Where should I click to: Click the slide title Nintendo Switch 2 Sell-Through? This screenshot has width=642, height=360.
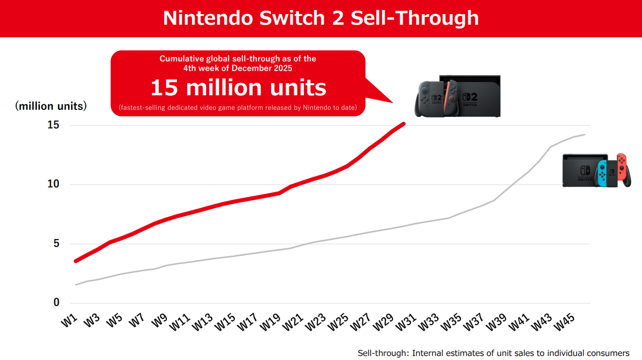coord(320,18)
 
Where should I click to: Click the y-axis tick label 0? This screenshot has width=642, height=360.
coord(56,303)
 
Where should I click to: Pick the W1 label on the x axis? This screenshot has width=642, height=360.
coord(70,321)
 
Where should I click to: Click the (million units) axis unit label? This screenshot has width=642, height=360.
coord(51,106)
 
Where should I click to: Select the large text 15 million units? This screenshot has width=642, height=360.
coord(238,88)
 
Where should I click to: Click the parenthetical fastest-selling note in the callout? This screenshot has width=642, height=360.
coord(238,107)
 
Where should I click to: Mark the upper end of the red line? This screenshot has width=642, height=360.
coord(404,123)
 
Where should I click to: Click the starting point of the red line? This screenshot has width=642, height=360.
coord(76,261)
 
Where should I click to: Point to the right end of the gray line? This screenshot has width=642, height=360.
coord(584,135)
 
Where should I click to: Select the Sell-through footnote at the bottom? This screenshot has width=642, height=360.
coord(493,353)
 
